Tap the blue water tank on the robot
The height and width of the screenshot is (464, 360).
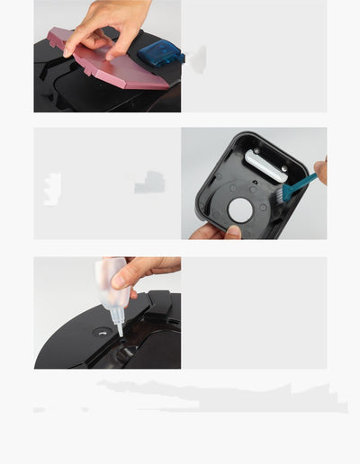(157, 53)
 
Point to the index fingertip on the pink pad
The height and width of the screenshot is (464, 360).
(68, 50)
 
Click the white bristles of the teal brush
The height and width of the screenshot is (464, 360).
(283, 193)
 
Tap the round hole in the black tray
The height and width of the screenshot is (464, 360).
(240, 210)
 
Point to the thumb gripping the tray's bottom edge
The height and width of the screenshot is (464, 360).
(231, 232)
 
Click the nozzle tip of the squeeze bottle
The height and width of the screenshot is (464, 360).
(119, 332)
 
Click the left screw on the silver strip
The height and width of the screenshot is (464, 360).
(251, 156)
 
